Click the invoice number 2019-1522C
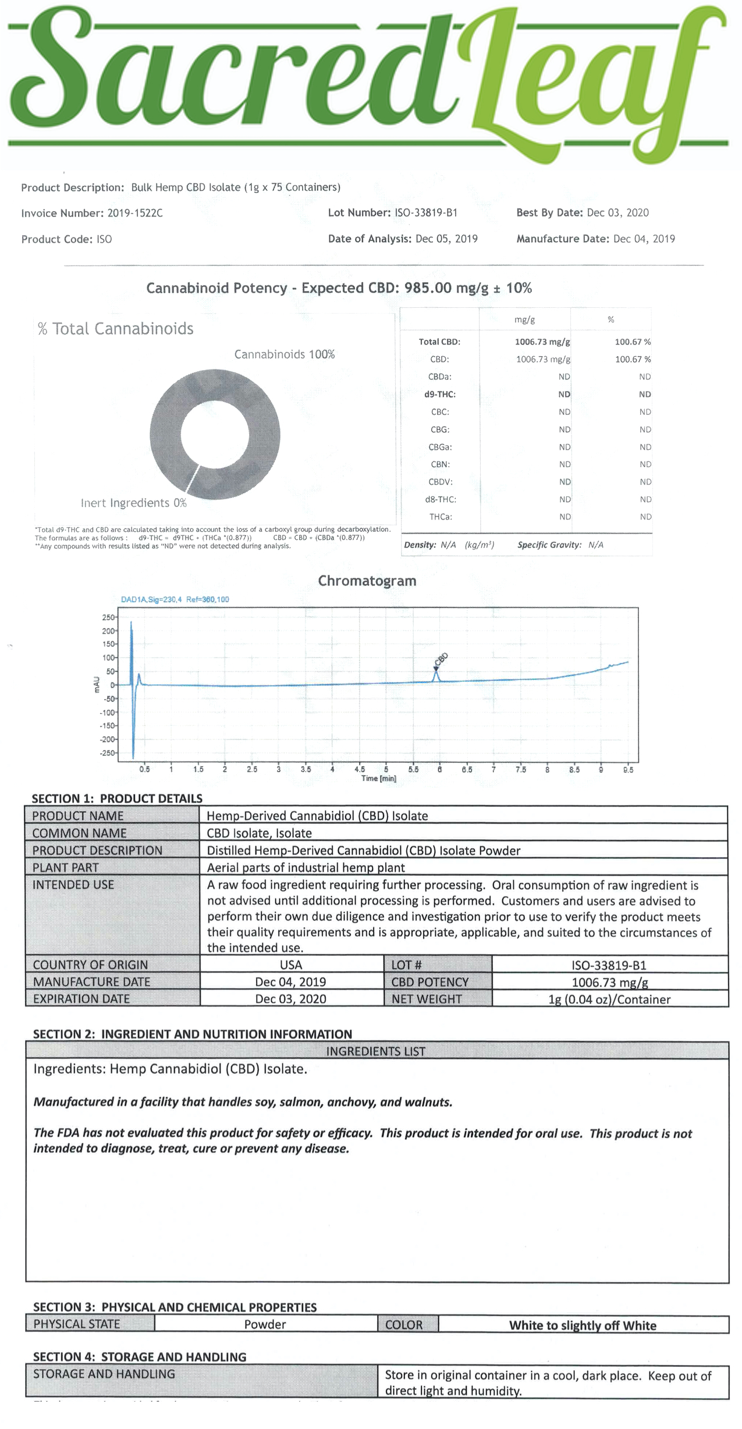[135, 214]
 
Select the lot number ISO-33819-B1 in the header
[426, 213]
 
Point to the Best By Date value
[617, 213]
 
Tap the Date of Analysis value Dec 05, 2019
[446, 239]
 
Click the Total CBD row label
[439, 342]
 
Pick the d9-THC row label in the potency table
[439, 394]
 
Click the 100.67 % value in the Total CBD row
[633, 342]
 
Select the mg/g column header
[524, 319]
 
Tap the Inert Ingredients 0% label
[133, 503]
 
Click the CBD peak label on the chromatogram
[441, 659]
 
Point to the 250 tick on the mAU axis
[108, 617]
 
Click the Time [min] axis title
[378, 779]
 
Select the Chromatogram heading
[367, 581]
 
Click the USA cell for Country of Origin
[291, 965]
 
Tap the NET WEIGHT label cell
[426, 999]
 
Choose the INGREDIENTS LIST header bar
[376, 1051]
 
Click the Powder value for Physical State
[265, 1324]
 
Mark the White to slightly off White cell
[583, 1325]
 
